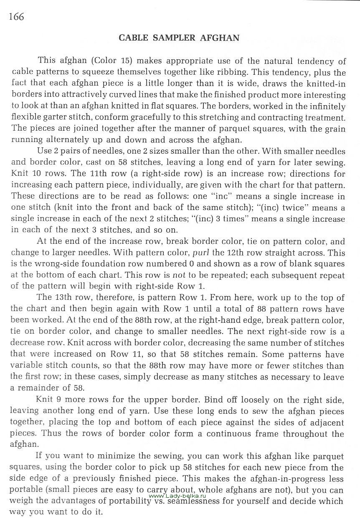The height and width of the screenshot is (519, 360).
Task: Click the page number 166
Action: pyautogui.click(x=15, y=17)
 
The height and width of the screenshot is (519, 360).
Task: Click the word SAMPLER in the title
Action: pyautogui.click(x=172, y=38)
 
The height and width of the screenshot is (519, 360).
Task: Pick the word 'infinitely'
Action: pyautogui.click(x=325, y=106)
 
